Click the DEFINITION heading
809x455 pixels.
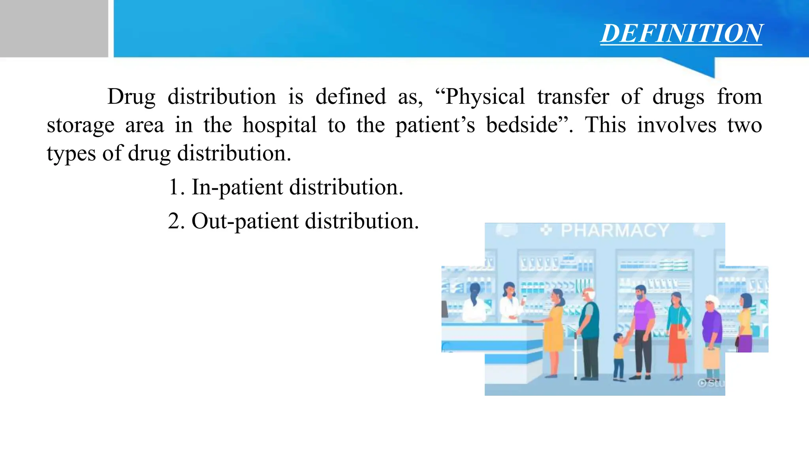[681, 33]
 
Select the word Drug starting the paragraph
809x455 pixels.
[131, 97]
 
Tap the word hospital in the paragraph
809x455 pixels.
[279, 125]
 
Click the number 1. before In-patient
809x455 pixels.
[176, 187]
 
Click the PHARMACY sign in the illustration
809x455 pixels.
[615, 231]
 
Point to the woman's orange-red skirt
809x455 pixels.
[677, 344]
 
